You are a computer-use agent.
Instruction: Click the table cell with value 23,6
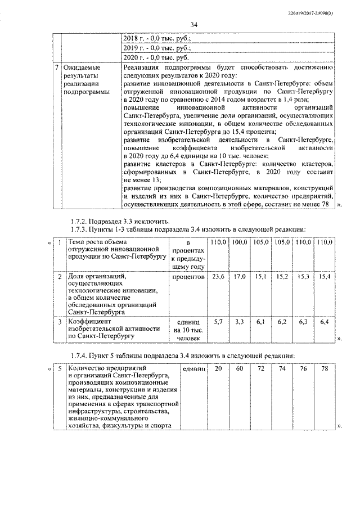click(x=217, y=277)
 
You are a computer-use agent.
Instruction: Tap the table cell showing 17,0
click(x=240, y=277)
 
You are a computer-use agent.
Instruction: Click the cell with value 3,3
click(x=240, y=321)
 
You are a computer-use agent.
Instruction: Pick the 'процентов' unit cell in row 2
click(x=188, y=277)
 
